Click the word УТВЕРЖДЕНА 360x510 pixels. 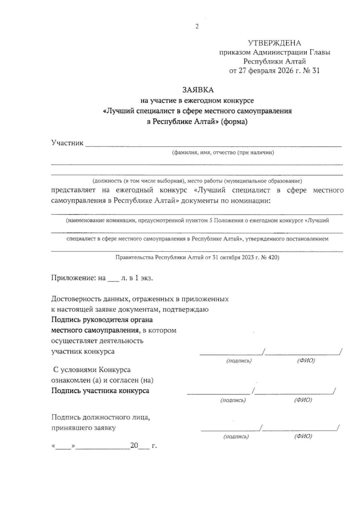[x=274, y=43]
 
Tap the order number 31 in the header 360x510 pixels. [x=316, y=71]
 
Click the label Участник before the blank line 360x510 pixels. [x=67, y=143]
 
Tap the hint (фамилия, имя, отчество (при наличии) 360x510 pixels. [x=223, y=153]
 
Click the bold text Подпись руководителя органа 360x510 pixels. [x=102, y=320]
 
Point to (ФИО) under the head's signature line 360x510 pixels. [x=306, y=361]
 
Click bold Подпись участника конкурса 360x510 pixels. [x=100, y=391]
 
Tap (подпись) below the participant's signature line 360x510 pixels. [x=233, y=400]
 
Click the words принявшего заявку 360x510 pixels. [x=83, y=428]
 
